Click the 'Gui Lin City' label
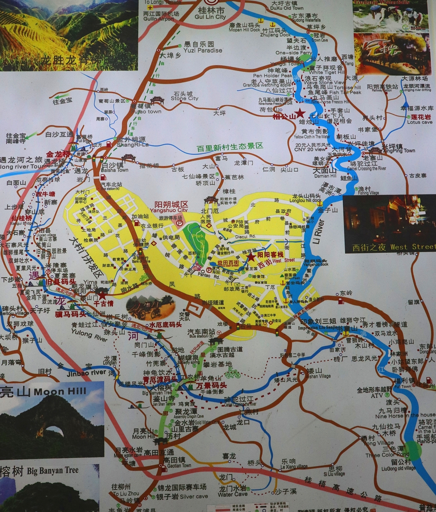[210, 17]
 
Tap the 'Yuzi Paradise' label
[203, 50]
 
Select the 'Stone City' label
[184, 98]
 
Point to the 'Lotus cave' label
[420, 122]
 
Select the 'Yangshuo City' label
[169, 210]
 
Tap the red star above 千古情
[102, 295]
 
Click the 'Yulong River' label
[89, 335]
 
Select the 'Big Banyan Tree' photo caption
[53, 471]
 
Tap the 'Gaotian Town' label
[179, 465]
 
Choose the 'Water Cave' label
[233, 494]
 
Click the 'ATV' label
[376, 396]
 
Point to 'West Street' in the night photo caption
[413, 247]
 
